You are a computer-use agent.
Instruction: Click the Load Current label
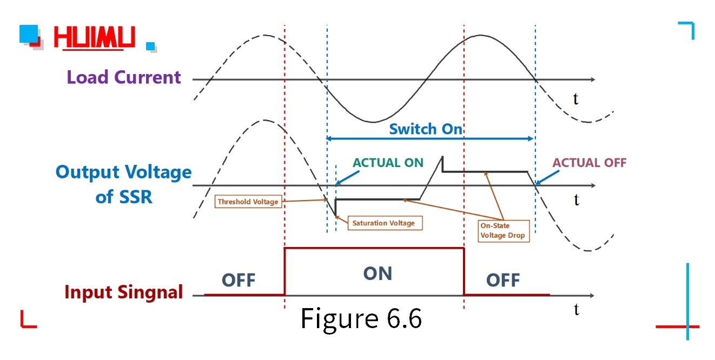[124, 77]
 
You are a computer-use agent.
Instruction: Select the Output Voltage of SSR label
[124, 184]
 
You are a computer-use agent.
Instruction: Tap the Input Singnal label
[124, 292]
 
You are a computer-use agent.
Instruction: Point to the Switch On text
[426, 129]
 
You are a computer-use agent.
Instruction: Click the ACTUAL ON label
[388, 163]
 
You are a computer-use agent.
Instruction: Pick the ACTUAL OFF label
[589, 163]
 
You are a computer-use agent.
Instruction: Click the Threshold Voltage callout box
[248, 202]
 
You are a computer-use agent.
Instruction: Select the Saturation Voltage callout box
[384, 222]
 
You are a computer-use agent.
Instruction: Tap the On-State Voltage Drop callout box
[503, 230]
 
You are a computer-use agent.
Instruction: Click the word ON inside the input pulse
[378, 274]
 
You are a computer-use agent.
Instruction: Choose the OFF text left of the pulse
[239, 281]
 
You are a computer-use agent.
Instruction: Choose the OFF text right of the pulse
[503, 281]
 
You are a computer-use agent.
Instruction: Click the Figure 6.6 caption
[361, 318]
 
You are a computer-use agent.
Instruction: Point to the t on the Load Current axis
[577, 98]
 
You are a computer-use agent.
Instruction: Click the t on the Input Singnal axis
[577, 309]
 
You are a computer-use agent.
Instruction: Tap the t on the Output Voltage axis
[577, 200]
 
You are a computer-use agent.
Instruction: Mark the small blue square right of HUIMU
[150, 46]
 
